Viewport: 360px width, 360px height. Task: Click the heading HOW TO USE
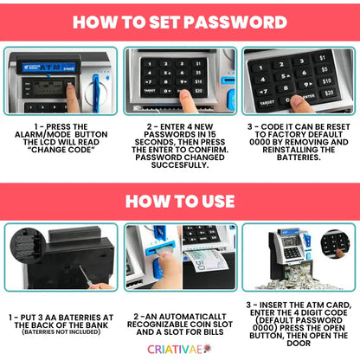[x=179, y=201]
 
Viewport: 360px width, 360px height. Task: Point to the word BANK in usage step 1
[x=93, y=321]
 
